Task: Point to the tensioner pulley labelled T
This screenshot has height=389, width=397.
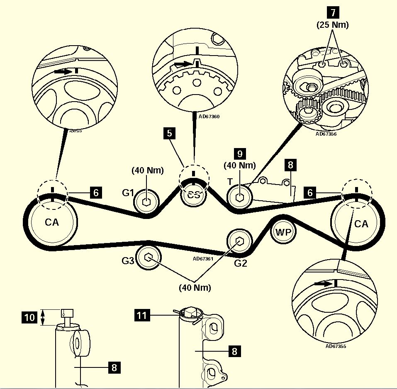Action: click(240, 197)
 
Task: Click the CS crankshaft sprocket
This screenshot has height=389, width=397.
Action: click(193, 194)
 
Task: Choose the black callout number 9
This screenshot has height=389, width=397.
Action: click(239, 153)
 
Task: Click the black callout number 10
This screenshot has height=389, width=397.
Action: click(29, 318)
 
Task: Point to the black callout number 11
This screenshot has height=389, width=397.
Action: click(142, 316)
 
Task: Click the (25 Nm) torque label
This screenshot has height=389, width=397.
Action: click(333, 25)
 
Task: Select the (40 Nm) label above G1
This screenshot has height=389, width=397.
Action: click(148, 170)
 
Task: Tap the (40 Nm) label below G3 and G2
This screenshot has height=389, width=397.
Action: click(195, 287)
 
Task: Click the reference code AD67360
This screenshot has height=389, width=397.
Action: click(209, 117)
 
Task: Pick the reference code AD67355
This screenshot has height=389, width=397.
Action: click(336, 346)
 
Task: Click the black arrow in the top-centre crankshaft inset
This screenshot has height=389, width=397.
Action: click(182, 64)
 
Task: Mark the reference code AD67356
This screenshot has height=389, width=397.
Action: click(326, 134)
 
